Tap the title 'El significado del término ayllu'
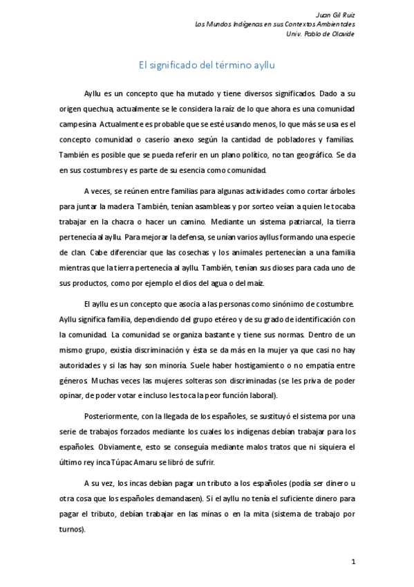pos(207,66)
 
